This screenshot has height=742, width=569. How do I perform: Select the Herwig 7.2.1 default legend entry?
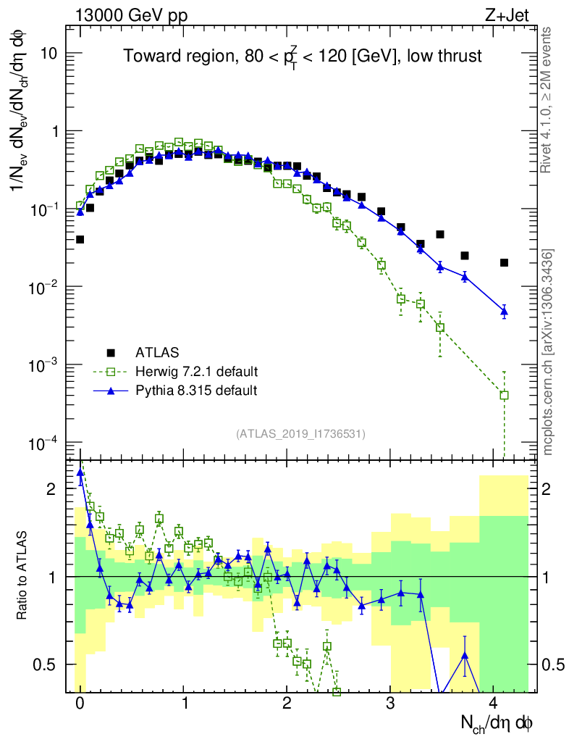(x=196, y=372)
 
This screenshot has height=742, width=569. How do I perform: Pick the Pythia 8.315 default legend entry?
(x=196, y=391)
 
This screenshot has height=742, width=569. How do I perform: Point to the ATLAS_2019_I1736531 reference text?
(x=300, y=434)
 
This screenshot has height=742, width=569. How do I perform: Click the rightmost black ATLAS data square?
(x=504, y=262)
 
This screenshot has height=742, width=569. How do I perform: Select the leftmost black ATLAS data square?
(x=80, y=239)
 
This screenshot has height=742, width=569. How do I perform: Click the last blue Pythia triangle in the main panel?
(x=504, y=311)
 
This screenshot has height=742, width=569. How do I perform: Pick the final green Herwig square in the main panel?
(x=504, y=395)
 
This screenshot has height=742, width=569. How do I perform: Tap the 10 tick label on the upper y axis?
(x=52, y=54)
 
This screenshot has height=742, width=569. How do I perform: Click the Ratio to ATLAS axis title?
(x=23, y=577)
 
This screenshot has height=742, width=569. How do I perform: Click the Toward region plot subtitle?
(x=303, y=57)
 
